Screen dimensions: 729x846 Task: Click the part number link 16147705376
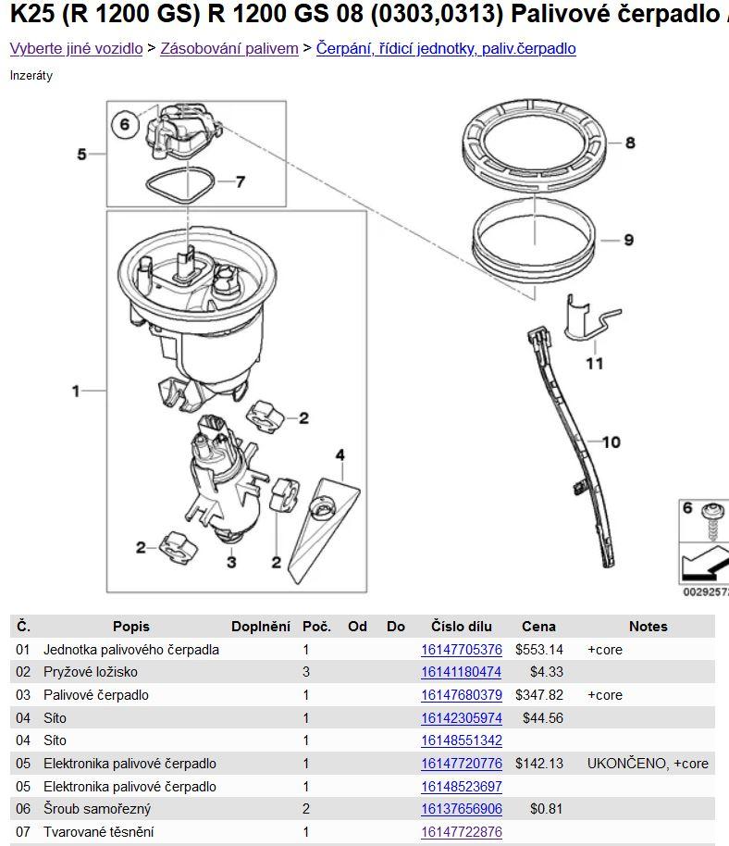[461, 650]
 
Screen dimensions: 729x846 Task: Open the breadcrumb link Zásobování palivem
[229, 48]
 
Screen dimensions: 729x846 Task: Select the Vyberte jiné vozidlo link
[76, 48]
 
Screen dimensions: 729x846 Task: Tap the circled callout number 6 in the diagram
[125, 125]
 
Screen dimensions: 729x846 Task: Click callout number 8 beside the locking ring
[630, 143]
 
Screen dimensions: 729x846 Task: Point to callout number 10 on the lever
[611, 442]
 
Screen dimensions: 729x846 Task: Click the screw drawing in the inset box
[713, 521]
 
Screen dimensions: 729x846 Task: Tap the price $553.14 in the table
[538, 650]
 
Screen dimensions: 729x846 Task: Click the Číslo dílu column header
[462, 627]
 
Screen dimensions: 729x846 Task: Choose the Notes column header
[649, 627]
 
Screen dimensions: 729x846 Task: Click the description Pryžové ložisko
[91, 672]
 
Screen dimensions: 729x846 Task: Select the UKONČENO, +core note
[648, 764]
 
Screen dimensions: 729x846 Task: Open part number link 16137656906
[461, 809]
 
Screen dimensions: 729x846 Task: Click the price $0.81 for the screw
[546, 809]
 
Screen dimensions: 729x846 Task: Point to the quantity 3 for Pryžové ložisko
[306, 672]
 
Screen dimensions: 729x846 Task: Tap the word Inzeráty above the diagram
[31, 76]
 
